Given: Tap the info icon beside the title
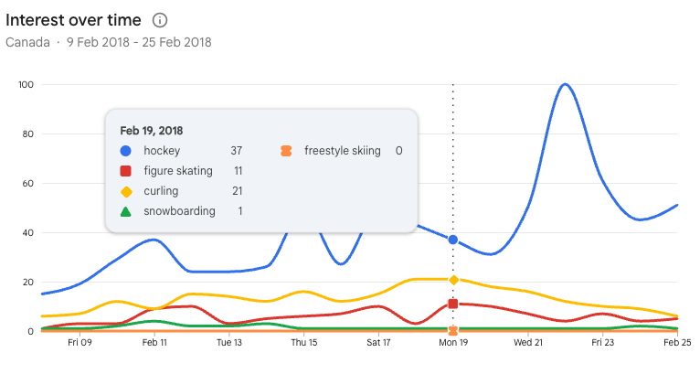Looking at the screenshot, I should coord(160,20).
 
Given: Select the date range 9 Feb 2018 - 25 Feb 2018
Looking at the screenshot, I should coord(139,42).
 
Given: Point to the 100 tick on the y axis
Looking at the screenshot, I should coord(26,85).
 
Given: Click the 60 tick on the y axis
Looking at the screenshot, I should coord(27,184).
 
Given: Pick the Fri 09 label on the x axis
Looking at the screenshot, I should coord(80,344).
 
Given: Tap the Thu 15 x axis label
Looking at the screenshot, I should coord(304,344).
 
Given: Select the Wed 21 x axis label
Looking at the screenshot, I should coord(528,344).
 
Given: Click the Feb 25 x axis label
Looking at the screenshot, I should coord(677,344).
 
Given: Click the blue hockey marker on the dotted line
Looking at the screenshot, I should coord(453,240).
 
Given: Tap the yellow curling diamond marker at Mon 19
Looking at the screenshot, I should coord(453,280).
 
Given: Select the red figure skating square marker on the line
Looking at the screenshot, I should coord(453,304).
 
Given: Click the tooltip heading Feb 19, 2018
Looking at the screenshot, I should coord(152,131).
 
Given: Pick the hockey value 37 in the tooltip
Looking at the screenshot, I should coord(236,151).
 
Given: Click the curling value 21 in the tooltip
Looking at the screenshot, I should coord(236,191).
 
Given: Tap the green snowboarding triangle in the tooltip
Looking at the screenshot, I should coord(126,211).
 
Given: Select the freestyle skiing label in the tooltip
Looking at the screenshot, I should coord(343,151).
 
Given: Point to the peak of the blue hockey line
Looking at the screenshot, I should coord(565,84).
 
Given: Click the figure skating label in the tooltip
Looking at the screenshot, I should coord(178,171).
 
